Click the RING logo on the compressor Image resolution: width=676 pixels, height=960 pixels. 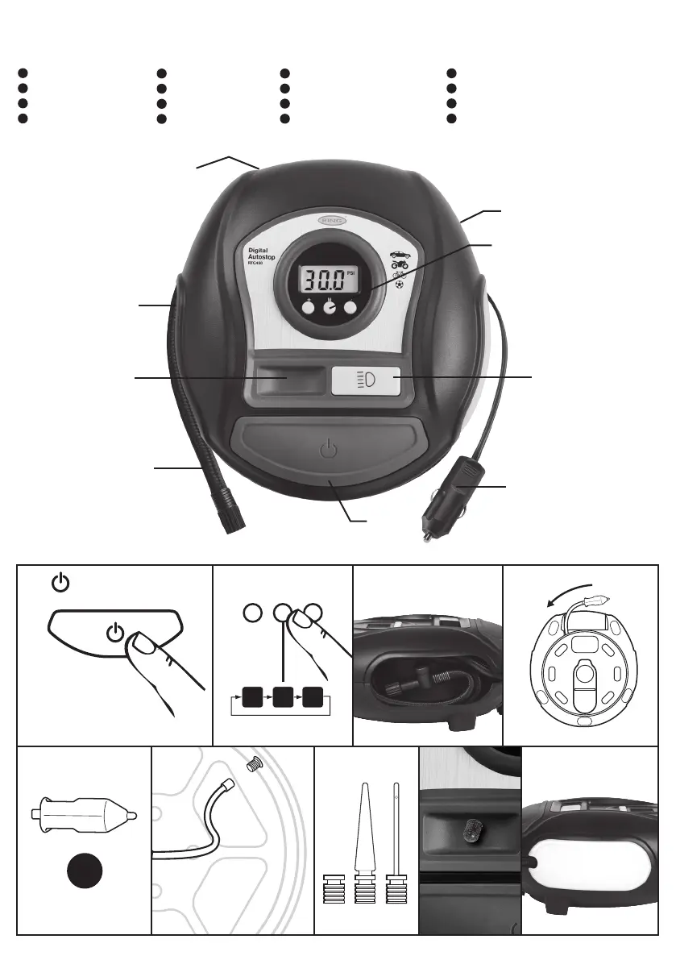328,218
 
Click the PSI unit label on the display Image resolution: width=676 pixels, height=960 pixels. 350,273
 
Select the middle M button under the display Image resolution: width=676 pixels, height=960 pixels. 330,307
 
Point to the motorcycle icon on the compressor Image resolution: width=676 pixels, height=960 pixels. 399,264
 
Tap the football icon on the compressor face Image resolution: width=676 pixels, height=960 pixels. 399,285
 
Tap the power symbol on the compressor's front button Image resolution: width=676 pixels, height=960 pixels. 326,448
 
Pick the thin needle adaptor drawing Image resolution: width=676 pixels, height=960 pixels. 395,830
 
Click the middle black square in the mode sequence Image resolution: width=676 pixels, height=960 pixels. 282,696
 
